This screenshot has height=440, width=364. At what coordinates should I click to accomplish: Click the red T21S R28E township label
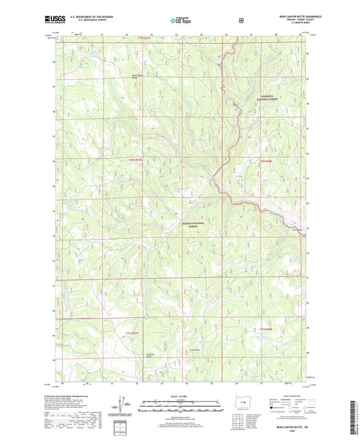point(267,330)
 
